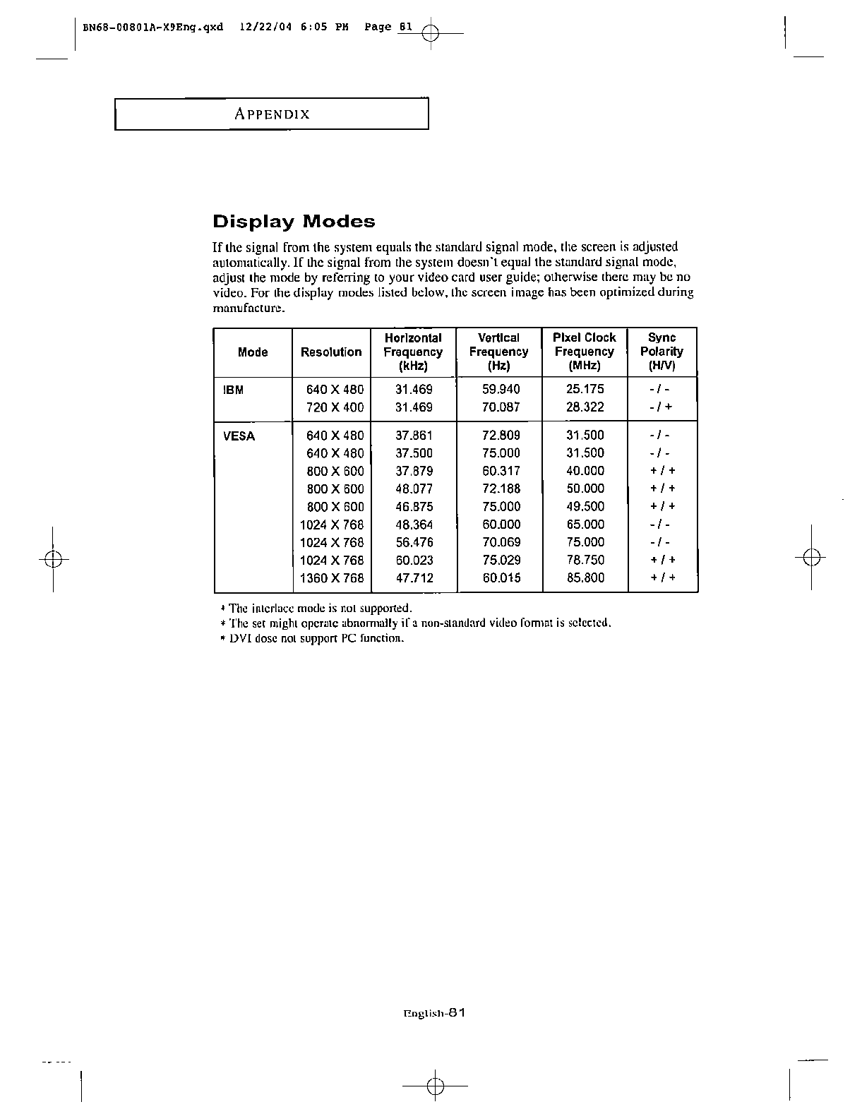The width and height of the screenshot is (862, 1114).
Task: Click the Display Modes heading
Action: click(294, 222)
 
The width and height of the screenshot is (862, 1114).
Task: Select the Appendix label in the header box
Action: click(272, 114)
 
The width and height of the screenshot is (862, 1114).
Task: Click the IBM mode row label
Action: click(234, 390)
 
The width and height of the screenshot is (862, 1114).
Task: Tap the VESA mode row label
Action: click(239, 436)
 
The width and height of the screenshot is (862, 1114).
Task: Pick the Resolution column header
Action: click(331, 352)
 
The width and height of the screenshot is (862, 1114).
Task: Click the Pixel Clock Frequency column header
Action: click(585, 352)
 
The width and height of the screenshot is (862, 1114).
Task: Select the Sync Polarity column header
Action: click(662, 352)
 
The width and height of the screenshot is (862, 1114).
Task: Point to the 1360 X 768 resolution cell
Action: click(332, 578)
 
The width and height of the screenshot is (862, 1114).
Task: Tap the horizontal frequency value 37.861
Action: click(414, 436)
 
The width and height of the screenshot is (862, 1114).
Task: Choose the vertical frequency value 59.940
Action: click(501, 389)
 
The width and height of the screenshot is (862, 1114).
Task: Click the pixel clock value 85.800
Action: click(585, 577)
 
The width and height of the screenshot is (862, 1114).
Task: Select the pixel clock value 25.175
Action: click(585, 389)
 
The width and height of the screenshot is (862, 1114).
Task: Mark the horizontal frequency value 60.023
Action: click(414, 560)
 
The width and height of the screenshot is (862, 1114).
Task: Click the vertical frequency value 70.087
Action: click(501, 407)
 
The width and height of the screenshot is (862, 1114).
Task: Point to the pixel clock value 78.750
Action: click(585, 560)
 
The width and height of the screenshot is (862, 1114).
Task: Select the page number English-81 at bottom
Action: click(433, 1012)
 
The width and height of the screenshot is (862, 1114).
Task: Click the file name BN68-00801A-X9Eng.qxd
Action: click(152, 28)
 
